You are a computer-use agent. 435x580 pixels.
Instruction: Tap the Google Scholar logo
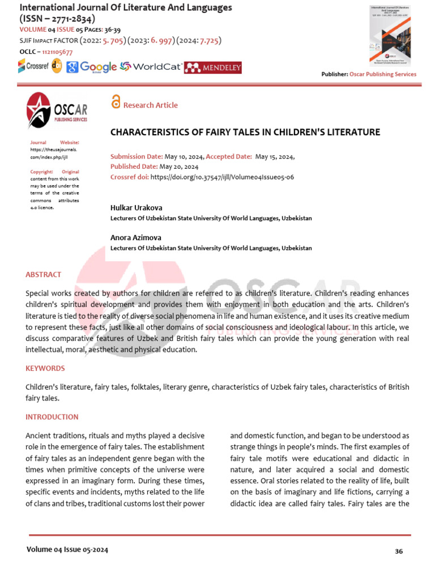coord(91,67)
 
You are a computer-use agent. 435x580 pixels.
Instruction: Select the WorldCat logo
coord(151,67)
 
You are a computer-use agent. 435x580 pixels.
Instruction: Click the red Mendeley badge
coord(213,67)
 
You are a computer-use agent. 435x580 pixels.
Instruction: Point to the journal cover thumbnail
coord(390,35)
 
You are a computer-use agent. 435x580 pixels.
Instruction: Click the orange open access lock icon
coord(116,102)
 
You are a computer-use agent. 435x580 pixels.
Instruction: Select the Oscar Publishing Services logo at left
coord(57,110)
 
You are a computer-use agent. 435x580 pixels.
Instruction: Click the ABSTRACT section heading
coord(43,275)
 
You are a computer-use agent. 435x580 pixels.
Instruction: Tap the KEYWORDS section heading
coord(45,368)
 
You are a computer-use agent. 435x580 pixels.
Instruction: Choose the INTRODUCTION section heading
coord(52,417)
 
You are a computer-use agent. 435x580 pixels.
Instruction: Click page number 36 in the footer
coord(398,551)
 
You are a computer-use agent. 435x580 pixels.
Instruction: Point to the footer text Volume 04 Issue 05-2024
coord(67,549)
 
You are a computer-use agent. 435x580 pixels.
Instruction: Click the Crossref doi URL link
coord(223,177)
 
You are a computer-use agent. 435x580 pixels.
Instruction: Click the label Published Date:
coord(134,167)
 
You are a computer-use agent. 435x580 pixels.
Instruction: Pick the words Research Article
coord(150,105)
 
